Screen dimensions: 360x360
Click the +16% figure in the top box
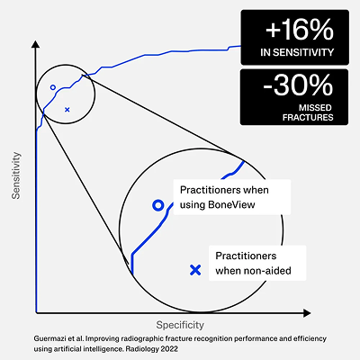[x=300, y=30]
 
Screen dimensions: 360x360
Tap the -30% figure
[x=298, y=85]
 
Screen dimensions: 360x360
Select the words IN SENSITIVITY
[x=297, y=52]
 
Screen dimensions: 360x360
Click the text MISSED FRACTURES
[x=308, y=112]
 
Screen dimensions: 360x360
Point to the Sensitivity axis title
[x=16, y=175]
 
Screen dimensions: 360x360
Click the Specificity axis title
[x=180, y=325]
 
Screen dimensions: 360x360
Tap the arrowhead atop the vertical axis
[x=35, y=44]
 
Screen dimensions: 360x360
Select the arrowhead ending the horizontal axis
[x=307, y=313]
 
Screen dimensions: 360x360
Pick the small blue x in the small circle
[x=67, y=110]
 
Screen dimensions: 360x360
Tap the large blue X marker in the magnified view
[x=195, y=270]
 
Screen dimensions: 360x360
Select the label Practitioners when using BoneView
[x=224, y=197]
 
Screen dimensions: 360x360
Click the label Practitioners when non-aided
[x=254, y=263]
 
